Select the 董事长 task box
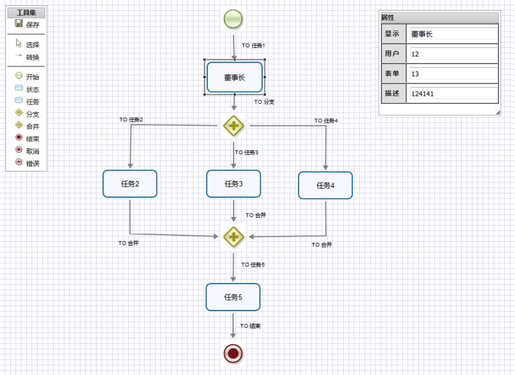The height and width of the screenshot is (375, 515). pos(234,77)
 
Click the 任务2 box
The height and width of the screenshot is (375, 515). pos(130,184)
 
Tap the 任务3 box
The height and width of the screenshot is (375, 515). pos(233,184)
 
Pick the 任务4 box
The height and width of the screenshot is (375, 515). pos(325,186)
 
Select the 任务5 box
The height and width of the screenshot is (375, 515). pos(233,297)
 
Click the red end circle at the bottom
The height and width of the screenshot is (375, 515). pos(233,353)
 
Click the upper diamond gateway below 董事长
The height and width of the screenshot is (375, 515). pos(234,126)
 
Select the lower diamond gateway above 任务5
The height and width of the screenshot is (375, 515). pos(234,236)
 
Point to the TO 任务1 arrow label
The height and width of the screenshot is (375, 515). pos(253,46)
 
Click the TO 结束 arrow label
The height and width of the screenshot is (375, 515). pos(250,326)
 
